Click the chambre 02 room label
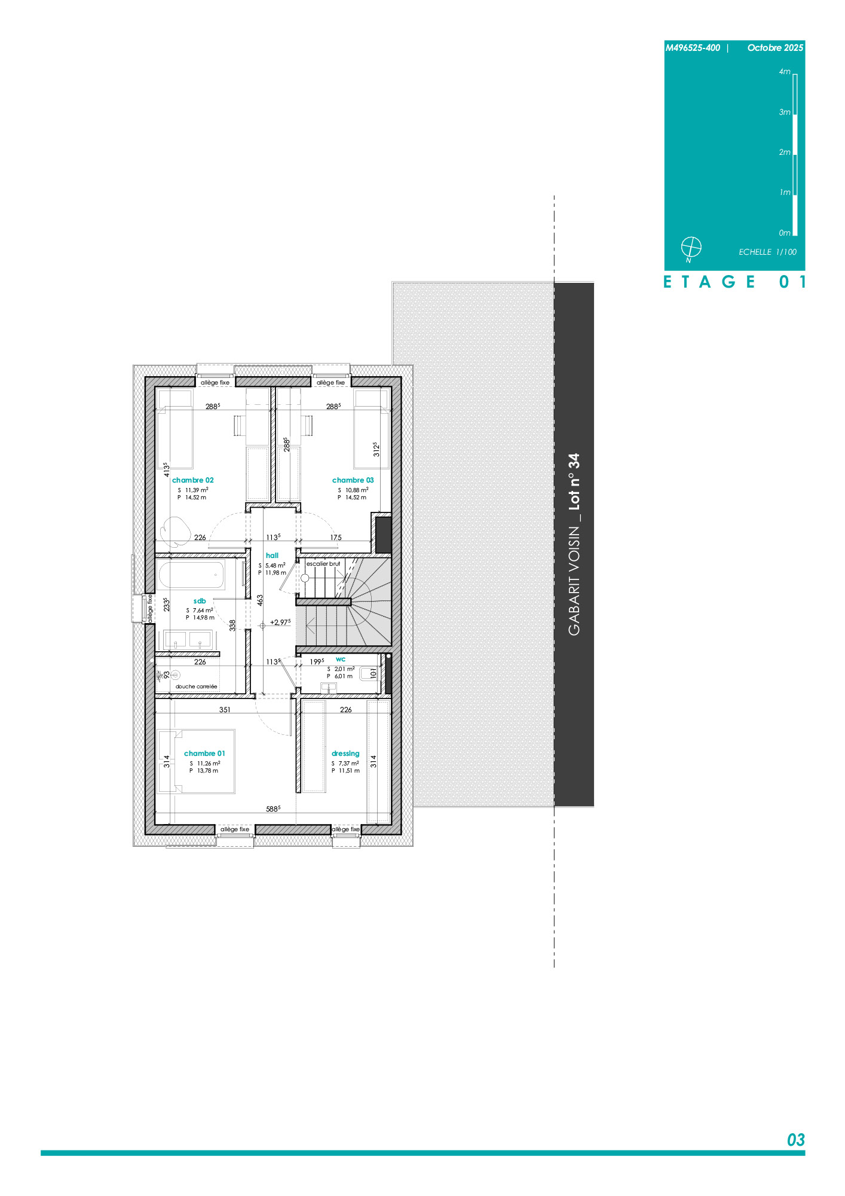coord(192,480)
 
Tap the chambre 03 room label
coord(353,480)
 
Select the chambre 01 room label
coord(204,753)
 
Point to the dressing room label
coord(345,753)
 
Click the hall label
coord(272,556)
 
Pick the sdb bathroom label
coord(200,601)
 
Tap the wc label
coord(341,659)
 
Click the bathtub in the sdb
coord(191,576)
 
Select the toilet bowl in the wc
coord(368,674)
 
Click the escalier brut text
coord(323,564)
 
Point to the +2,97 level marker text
coord(280,623)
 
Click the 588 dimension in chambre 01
coord(273,809)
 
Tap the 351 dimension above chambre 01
coord(225,710)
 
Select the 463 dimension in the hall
coord(260,600)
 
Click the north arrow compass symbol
coord(691,247)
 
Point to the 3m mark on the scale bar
coord(785,112)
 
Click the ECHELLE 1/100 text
coord(767,252)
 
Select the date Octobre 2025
coord(775,48)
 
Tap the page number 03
coord(796,1140)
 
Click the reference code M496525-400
coord(693,48)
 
